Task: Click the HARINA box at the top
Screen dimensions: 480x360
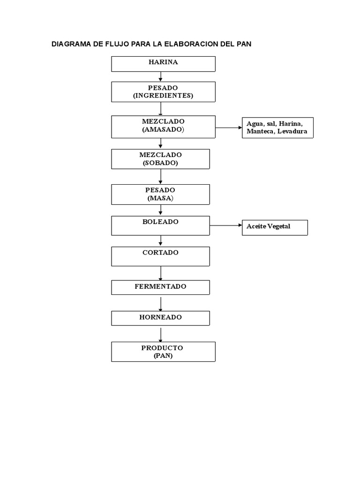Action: (x=163, y=64)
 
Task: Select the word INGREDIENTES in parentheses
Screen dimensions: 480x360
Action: (x=163, y=96)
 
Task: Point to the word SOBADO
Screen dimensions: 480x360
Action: (x=160, y=163)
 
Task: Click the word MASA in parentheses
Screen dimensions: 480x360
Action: (x=160, y=198)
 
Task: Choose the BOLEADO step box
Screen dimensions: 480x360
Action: (x=160, y=225)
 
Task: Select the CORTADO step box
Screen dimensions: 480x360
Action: (x=160, y=256)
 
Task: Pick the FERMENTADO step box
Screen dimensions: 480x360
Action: (x=160, y=287)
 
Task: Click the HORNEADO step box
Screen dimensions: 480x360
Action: (x=160, y=318)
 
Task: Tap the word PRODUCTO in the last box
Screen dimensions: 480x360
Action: (x=162, y=348)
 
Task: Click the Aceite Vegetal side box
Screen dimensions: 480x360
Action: (x=275, y=227)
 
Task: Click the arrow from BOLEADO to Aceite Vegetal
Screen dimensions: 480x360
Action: (x=225, y=225)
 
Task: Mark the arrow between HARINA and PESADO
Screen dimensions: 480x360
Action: (x=161, y=76)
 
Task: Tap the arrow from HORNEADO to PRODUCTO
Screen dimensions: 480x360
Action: (x=161, y=334)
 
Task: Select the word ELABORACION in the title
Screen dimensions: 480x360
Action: (x=195, y=44)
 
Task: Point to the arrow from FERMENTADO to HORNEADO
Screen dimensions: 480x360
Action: (x=161, y=303)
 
